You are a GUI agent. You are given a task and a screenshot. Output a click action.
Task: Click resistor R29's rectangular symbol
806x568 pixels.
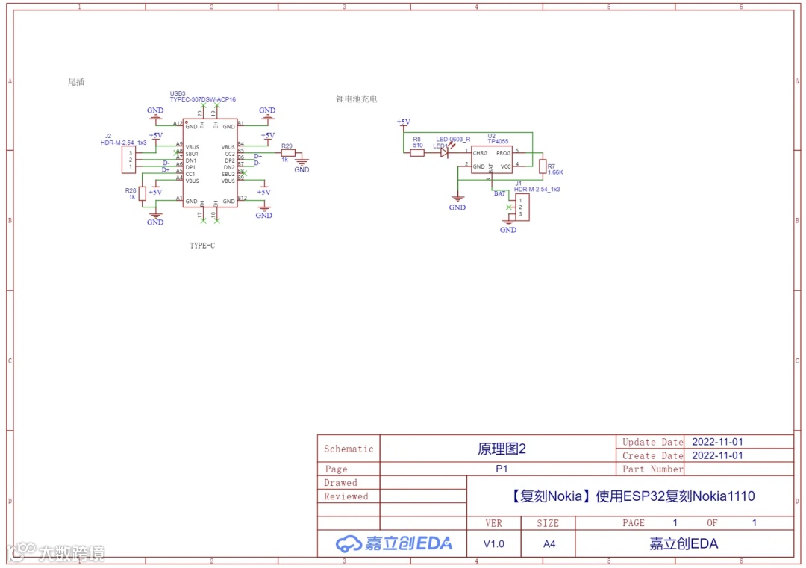[x=288, y=154]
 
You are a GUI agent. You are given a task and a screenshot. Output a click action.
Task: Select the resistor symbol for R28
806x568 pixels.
[x=143, y=193]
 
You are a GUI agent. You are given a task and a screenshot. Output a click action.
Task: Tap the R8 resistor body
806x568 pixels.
[x=418, y=152]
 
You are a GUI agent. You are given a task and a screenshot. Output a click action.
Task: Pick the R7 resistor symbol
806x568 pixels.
[x=543, y=167]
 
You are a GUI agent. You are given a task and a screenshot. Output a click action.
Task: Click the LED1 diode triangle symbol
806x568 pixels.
[x=444, y=152]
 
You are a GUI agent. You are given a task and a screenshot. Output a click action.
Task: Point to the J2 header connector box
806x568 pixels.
[x=129, y=160]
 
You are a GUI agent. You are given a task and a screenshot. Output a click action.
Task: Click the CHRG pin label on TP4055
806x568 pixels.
[x=480, y=153]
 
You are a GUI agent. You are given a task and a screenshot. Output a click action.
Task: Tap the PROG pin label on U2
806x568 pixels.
[x=504, y=153]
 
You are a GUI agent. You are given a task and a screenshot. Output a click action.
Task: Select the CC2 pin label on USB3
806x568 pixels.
[x=229, y=154]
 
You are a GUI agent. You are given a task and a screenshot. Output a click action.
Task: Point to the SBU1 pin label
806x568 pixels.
[x=192, y=154]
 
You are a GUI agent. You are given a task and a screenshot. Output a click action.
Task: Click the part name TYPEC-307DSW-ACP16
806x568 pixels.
[x=203, y=99]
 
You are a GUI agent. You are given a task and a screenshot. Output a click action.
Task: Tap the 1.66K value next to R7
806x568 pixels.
[x=555, y=172]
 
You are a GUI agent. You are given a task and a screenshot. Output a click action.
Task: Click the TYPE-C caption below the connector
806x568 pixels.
[x=202, y=246]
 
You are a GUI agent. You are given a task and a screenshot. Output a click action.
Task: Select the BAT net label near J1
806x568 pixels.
[x=499, y=193]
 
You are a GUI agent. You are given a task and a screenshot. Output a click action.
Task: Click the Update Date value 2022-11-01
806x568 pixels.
[x=717, y=442]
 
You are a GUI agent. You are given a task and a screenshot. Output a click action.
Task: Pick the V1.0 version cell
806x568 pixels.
[x=493, y=544]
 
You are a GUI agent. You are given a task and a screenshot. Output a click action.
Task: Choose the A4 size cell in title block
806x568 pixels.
[x=549, y=544]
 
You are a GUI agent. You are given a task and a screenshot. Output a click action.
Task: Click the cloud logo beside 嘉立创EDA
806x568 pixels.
[x=349, y=544]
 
